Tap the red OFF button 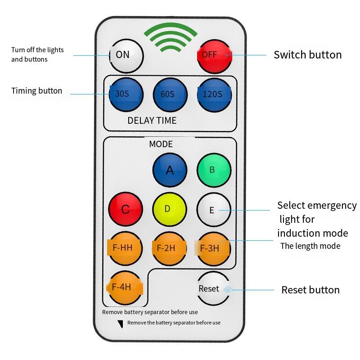click(214, 56)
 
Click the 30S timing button click(126, 95)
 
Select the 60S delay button click(170, 95)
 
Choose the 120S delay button click(214, 95)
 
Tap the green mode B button click(214, 170)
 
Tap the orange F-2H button click(170, 248)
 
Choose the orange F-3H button click(214, 248)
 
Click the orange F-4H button click(126, 288)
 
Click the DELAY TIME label click(152, 121)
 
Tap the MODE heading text click(161, 144)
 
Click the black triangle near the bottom click(120, 324)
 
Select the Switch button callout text click(307, 55)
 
